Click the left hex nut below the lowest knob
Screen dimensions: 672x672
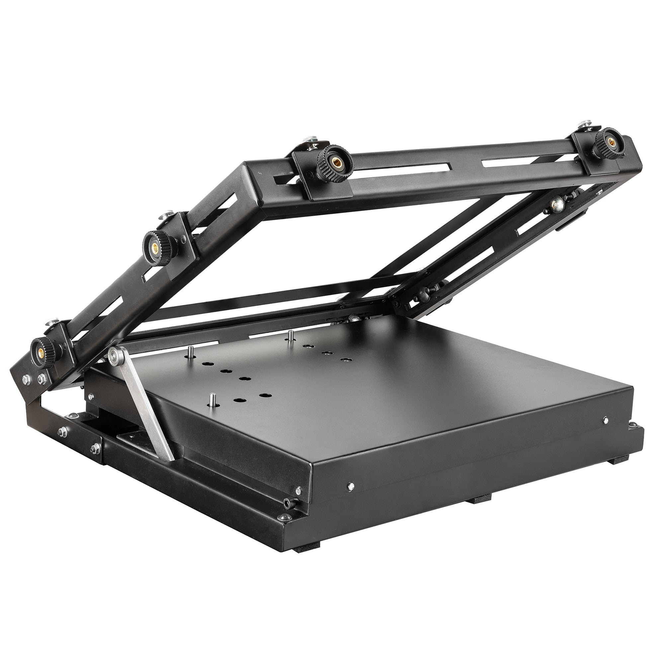[26, 378]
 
